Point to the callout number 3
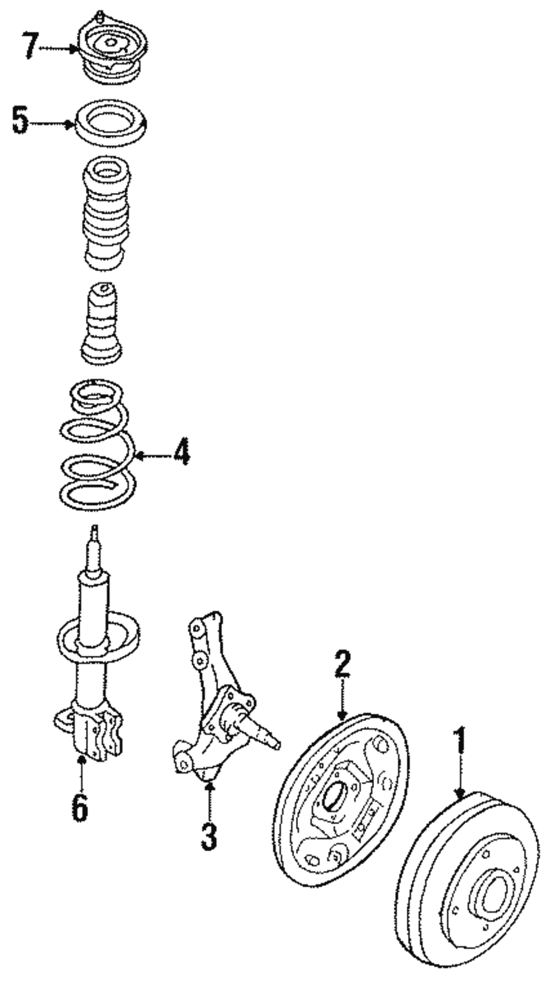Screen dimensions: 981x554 tap(209, 836)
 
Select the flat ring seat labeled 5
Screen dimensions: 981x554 tap(111, 124)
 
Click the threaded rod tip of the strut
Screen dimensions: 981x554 tap(95, 543)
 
